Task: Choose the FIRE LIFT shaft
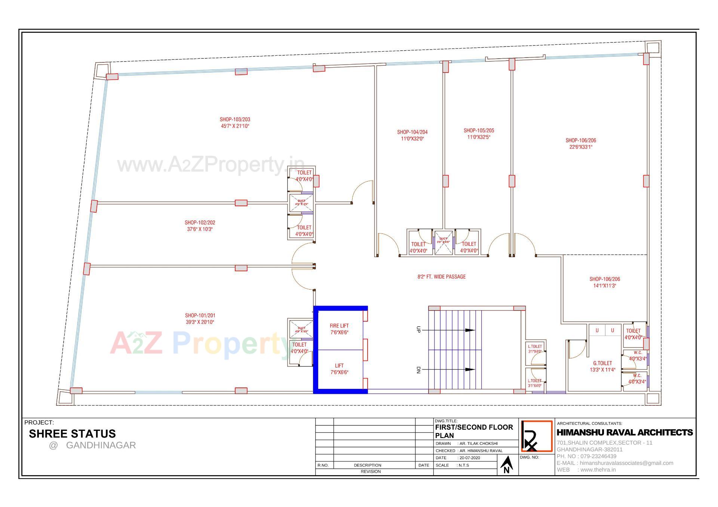[x=340, y=329]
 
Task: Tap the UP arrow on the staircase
[x=470, y=330]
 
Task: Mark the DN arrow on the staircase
[x=470, y=370]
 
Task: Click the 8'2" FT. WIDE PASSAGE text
[x=442, y=277]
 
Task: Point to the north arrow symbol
[x=507, y=465]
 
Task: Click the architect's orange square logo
[x=537, y=436]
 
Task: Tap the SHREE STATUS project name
[x=72, y=434]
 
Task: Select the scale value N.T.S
[x=464, y=465]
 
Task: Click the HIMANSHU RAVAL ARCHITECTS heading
[x=625, y=433]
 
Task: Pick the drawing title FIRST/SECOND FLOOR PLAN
[x=474, y=431]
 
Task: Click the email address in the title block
[x=626, y=463]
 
